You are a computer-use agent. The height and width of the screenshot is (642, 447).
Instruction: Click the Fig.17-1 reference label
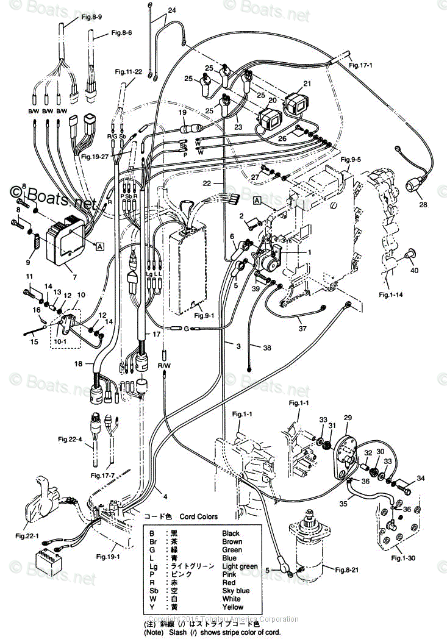tap(361, 64)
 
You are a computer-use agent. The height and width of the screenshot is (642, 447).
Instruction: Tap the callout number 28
tap(423, 205)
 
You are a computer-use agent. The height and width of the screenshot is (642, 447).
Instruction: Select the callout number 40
tap(414, 271)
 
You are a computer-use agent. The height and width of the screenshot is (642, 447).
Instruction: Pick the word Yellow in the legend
tap(232, 607)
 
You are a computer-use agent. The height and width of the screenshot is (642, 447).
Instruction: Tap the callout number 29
tap(348, 418)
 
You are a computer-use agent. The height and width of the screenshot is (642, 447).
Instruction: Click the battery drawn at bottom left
tap(48, 560)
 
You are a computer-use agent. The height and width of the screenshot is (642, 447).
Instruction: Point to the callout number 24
tap(171, 10)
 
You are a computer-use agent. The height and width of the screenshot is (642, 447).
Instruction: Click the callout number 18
tap(77, 363)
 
